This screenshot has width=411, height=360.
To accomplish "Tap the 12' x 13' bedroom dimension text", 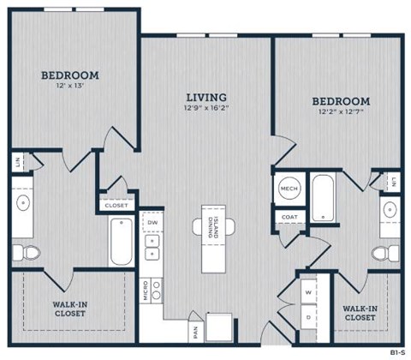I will pos(70,87).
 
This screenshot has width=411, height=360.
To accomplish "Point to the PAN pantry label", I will pos(196,329).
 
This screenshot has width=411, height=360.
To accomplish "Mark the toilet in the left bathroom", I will pos(25,251).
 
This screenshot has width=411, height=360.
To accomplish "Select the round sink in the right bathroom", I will pos(388,210).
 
